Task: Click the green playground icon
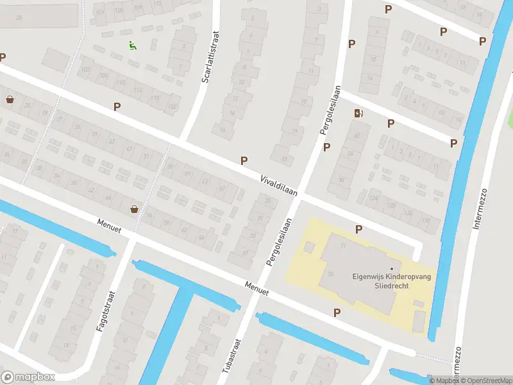[x=132, y=46]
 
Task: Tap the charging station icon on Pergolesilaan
[x=358, y=114]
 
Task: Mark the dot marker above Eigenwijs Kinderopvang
[x=391, y=269]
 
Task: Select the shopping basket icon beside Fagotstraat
[x=134, y=209]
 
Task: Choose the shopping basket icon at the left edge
[x=10, y=99]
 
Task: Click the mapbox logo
[x=28, y=377]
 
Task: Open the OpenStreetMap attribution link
[x=485, y=381]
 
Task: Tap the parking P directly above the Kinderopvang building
[x=358, y=229]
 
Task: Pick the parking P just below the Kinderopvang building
[x=337, y=312]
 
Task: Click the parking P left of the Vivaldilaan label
[x=244, y=160]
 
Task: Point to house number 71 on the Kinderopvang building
[x=343, y=246]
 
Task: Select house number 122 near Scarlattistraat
[x=172, y=106]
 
